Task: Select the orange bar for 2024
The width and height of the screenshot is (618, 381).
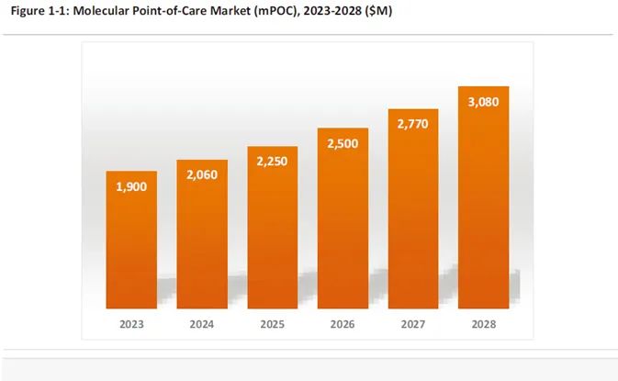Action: [202, 237]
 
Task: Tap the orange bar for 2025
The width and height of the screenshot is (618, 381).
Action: [273, 230]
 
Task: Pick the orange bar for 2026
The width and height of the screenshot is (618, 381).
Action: [343, 220]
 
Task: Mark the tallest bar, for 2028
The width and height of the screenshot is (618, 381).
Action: [483, 197]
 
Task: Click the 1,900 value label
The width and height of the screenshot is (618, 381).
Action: [131, 186]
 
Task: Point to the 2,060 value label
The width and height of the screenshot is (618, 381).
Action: [202, 175]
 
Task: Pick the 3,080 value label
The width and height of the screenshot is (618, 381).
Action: [483, 102]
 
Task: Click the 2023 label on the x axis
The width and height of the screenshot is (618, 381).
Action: [131, 324]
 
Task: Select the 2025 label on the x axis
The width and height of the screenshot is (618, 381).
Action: [273, 324]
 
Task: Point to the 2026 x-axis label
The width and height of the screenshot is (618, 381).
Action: [343, 324]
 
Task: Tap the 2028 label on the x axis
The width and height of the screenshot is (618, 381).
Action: [483, 324]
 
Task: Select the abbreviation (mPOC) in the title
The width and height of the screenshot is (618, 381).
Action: [270, 12]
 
